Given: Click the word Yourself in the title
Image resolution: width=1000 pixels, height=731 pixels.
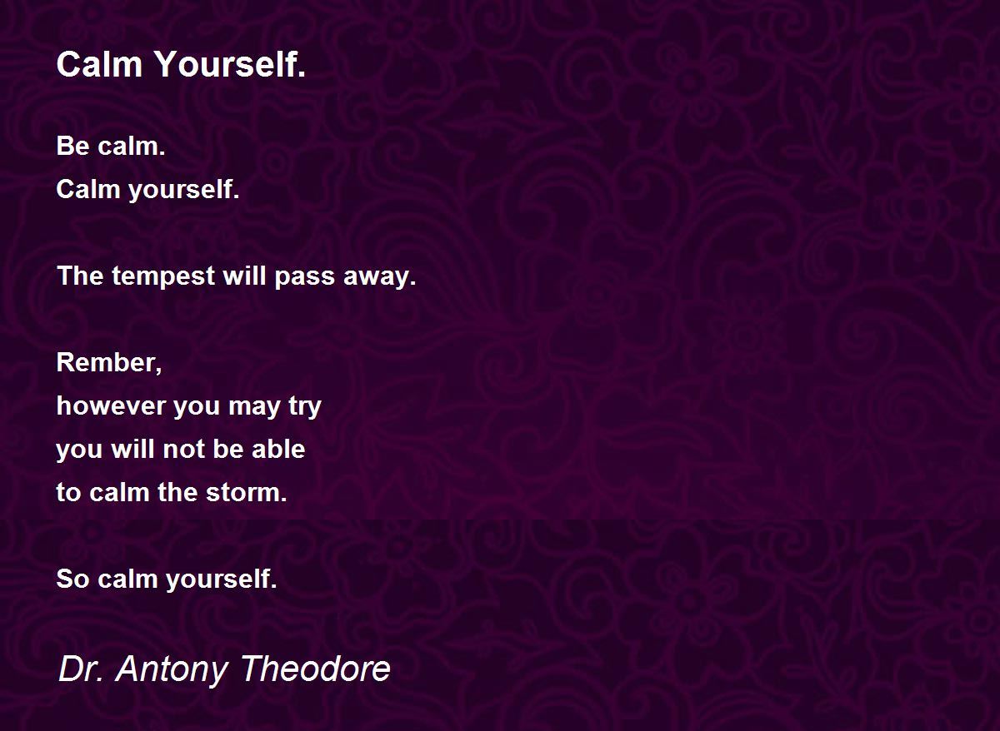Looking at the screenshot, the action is pos(230,64).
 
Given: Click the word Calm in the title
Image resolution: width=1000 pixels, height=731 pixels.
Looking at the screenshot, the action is pos(99,64).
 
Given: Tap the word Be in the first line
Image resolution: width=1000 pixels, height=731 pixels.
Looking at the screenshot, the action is pos(73,146).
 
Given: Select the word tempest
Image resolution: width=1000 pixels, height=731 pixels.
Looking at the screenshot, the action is pos(163,276).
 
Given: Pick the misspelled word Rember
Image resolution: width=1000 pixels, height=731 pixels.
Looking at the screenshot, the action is pos(109,363).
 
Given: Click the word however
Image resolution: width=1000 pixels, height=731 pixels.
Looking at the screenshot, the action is pos(111,405).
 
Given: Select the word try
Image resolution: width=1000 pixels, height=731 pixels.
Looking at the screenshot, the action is pos(305,407).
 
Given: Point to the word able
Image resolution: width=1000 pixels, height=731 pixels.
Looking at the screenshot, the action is pos(278,449).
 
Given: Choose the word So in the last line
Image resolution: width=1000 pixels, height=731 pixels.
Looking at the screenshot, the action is pos(72,579).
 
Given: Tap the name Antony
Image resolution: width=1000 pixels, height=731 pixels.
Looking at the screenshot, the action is pos(172,670).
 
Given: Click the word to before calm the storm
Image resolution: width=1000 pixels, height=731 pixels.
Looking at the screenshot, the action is pos(68,493).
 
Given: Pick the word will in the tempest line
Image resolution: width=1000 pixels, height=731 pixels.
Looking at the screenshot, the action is pos(245,276).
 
